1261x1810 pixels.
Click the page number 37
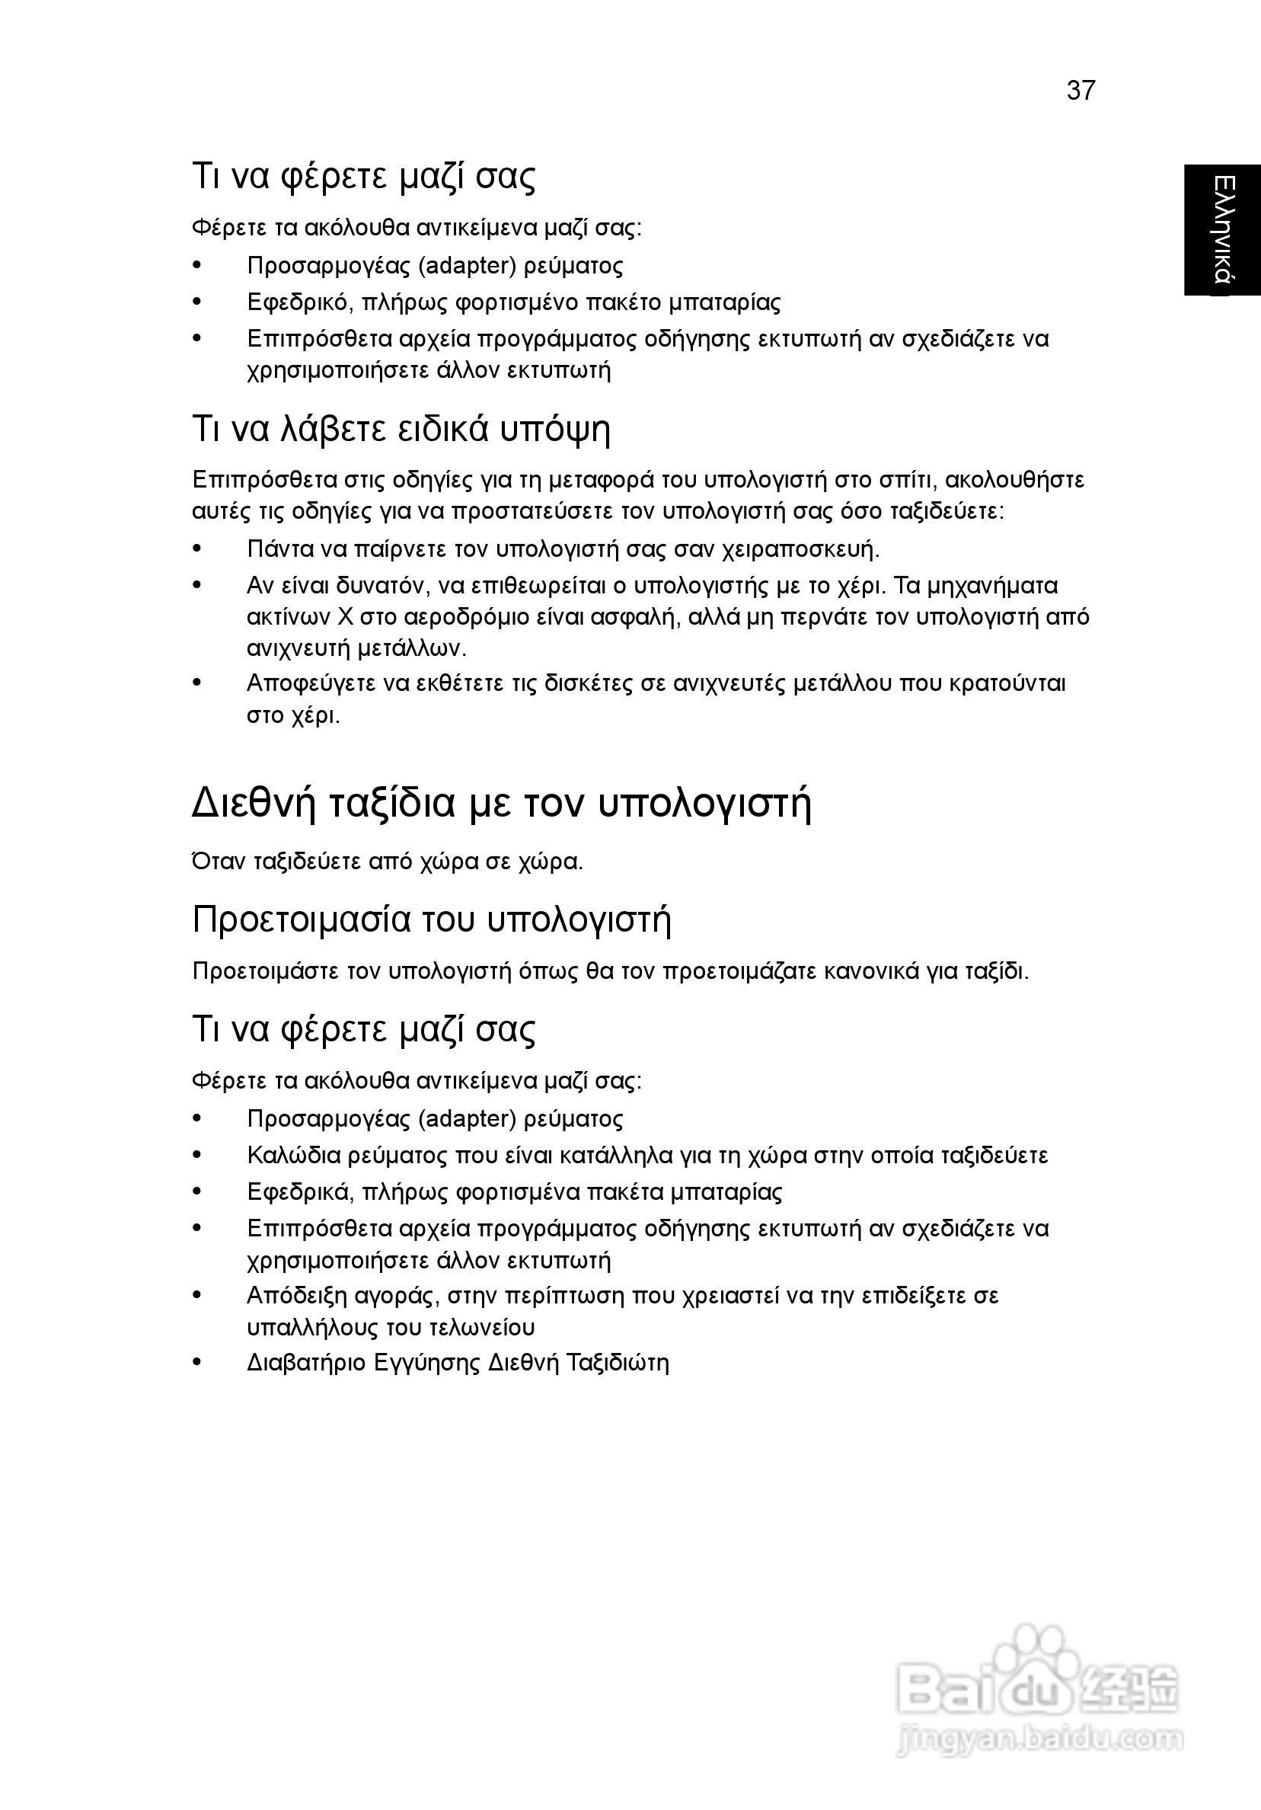[1081, 91]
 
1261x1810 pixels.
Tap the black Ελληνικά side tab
[1221, 229]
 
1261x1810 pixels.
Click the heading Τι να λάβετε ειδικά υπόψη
[401, 430]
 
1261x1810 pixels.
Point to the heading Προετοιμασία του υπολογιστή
[432, 920]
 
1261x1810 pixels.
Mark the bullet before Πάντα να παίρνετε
[198, 548]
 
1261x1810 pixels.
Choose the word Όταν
[219, 862]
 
